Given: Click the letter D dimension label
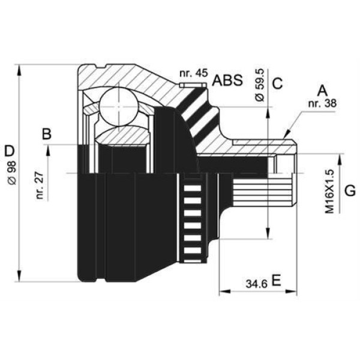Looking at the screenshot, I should pyautogui.click(x=9, y=149).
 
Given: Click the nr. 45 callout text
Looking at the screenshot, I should pyautogui.click(x=193, y=73).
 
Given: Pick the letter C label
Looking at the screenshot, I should pyautogui.click(x=277, y=83).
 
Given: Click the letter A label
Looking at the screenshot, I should pyautogui.click(x=322, y=91).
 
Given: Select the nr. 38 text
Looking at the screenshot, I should pyautogui.click(x=322, y=103).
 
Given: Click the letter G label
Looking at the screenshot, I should pyautogui.click(x=350, y=191).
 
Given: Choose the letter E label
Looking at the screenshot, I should pyautogui.click(x=276, y=280).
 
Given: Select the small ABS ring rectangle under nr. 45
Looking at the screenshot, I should pyautogui.click(x=193, y=85).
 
